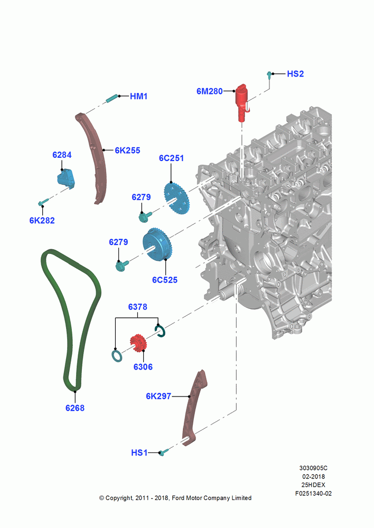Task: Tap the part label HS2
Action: [295, 74]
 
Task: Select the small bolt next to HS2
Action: [269, 75]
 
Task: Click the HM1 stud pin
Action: [112, 98]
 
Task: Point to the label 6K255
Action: [127, 150]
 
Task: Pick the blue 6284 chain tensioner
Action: [66, 179]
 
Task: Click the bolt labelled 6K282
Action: [43, 202]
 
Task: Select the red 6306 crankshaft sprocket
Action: [138, 343]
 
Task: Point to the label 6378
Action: [137, 307]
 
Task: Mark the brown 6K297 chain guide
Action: [194, 408]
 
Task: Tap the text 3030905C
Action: [313, 468]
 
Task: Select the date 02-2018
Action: [313, 476]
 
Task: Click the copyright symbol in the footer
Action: [101, 498]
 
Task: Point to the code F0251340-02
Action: [313, 493]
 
